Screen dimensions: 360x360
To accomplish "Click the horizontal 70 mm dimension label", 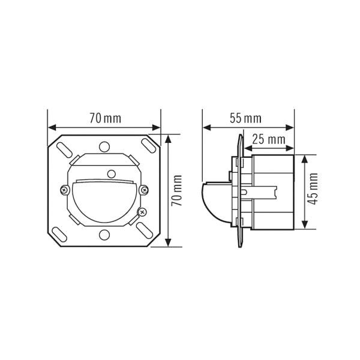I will point(105,118).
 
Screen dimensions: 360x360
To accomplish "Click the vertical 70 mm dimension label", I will point(176,190).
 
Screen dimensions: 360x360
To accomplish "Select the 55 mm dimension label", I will point(245,118).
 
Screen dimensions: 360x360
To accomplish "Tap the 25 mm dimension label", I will point(267,139).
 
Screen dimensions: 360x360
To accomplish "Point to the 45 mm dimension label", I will point(313,190).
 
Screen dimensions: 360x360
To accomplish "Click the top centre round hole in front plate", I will point(104,146).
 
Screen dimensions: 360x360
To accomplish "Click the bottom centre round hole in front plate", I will point(104,235).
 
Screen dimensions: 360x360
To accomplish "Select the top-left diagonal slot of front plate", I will point(63,149).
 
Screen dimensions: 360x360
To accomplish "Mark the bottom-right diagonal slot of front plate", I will point(146,232).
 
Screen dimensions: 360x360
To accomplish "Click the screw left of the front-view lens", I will point(65,190).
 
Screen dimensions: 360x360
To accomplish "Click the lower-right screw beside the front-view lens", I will point(142,211).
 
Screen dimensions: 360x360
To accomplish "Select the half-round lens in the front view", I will point(104,201).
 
